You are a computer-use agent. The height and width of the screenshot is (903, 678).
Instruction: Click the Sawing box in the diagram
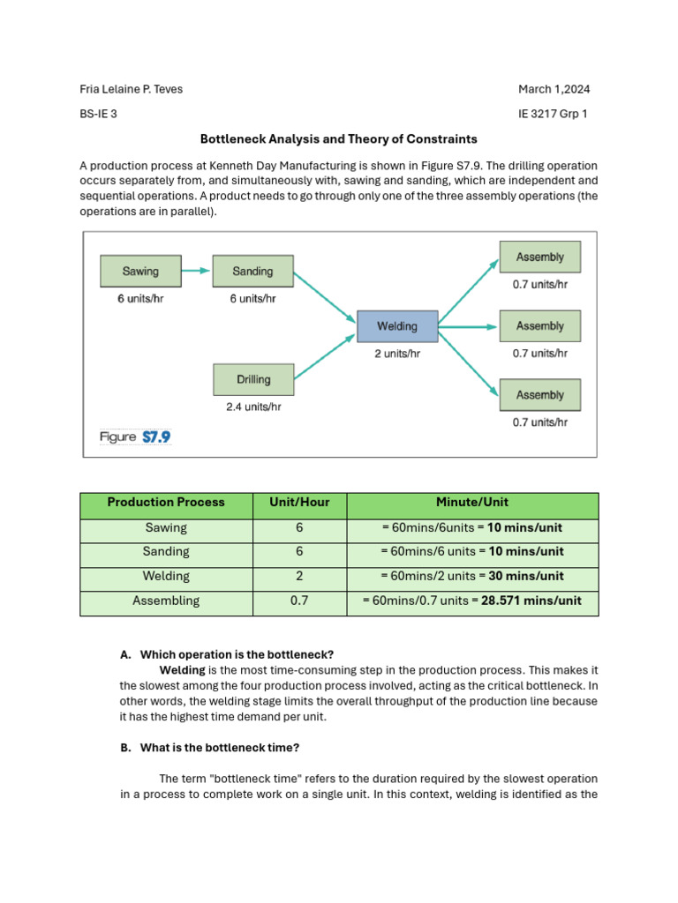tap(140, 271)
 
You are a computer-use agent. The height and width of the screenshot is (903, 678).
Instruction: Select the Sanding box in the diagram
tap(252, 271)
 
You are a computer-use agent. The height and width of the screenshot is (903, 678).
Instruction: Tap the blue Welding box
tap(397, 326)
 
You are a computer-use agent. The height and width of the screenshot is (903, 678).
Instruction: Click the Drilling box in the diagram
tap(253, 379)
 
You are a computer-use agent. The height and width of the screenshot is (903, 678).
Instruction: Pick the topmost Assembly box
tap(539, 257)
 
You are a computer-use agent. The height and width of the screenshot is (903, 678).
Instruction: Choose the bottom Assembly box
tap(539, 395)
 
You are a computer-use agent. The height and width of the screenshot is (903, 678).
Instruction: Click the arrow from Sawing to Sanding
tap(197, 271)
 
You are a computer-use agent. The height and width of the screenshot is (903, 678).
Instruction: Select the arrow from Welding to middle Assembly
tap(468, 326)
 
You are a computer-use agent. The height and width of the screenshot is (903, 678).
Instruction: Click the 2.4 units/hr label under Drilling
tap(253, 407)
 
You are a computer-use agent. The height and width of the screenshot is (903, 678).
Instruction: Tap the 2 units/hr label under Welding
tap(397, 354)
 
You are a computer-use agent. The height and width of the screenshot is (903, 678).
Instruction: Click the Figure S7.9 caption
tap(135, 437)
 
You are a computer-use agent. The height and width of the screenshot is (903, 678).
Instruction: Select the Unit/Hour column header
tap(299, 503)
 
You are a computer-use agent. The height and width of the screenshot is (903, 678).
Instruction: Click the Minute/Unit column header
tap(472, 503)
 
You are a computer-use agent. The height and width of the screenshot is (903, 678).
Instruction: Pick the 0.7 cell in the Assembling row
tap(299, 601)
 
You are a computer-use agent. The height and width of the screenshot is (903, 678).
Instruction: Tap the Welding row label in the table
tap(166, 577)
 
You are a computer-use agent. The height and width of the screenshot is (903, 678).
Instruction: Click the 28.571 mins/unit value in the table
tap(531, 601)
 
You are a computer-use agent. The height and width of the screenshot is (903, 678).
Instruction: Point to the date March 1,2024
tap(554, 89)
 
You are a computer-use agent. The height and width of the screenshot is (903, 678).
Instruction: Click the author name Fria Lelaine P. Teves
tap(132, 89)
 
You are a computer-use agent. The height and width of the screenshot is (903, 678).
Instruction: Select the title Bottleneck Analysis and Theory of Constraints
tap(338, 139)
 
